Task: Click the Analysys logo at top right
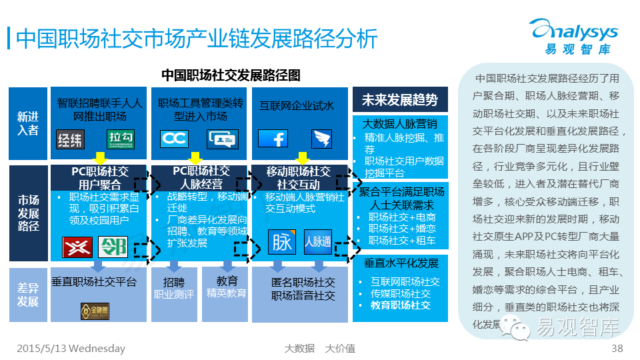573,37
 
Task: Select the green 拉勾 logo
121,139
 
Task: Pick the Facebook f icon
272,139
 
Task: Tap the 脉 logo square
282,241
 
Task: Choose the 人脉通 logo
317,241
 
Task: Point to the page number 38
617,348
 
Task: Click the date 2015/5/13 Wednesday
70,348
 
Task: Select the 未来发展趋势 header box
400,100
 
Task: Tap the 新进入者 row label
28,124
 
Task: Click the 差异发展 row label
28,294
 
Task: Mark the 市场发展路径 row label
28,213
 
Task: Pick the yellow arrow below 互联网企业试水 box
302,158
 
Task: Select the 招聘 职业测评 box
173,288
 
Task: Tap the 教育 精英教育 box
227,287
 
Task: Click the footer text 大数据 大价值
319,348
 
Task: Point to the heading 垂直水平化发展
401,263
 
